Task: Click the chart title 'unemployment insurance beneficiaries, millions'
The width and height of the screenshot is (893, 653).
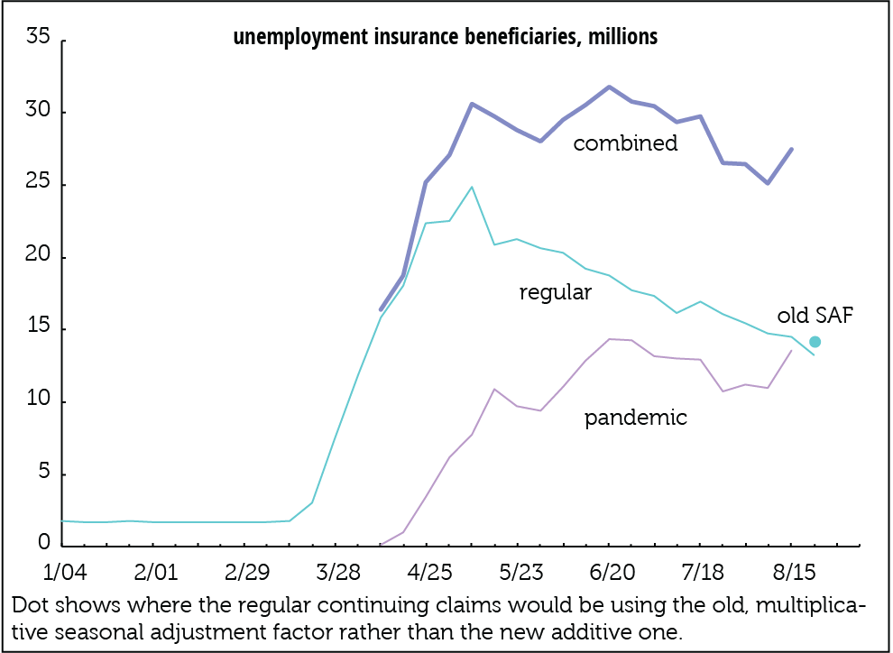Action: [446, 38]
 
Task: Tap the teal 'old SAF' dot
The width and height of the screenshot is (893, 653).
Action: [815, 342]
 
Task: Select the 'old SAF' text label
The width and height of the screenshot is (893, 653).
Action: [815, 316]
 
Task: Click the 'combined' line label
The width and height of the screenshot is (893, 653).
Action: [625, 143]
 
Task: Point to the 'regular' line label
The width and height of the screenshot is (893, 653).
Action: [555, 292]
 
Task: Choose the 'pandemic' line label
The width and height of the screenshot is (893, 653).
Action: [635, 418]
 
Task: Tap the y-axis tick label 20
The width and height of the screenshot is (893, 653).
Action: [38, 257]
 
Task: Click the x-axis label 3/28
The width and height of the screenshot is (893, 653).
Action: [336, 574]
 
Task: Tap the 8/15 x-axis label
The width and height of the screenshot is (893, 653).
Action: [792, 574]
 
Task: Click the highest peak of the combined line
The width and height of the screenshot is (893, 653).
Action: [609, 87]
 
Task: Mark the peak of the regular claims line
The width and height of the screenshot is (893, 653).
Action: [472, 188]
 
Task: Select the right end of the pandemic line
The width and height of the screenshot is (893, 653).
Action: [791, 351]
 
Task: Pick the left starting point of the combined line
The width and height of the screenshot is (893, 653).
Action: [381, 309]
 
